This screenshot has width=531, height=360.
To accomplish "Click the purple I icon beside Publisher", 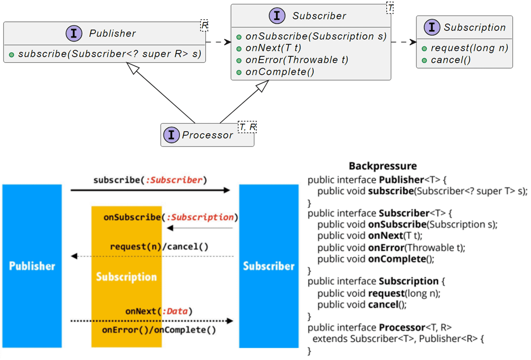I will click(74, 33).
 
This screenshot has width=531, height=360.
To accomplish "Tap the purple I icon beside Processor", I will click(171, 135).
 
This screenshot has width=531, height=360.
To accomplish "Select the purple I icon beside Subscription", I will click(432, 27).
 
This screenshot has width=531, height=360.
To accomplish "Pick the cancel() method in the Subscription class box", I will click(451, 60).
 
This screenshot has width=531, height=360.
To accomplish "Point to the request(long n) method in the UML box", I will click(469, 48).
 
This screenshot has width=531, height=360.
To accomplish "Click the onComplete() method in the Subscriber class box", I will click(279, 71).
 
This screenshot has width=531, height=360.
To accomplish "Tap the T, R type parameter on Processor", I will click(248, 127).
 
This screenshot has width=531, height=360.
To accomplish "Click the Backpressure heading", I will click(383, 166).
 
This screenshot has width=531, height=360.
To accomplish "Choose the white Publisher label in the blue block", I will click(32, 266).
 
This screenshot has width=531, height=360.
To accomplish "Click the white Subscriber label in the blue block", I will click(269, 266).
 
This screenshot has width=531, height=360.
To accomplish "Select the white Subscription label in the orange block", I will click(126, 277).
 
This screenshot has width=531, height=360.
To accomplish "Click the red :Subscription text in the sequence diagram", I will click(200, 218).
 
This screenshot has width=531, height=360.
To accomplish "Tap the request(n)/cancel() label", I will click(159, 246).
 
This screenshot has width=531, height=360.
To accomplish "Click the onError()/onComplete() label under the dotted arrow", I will click(159, 331).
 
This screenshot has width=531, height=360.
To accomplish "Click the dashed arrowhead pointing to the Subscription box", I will click(413, 42).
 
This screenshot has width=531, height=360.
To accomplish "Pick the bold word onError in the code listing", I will click(386, 247).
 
